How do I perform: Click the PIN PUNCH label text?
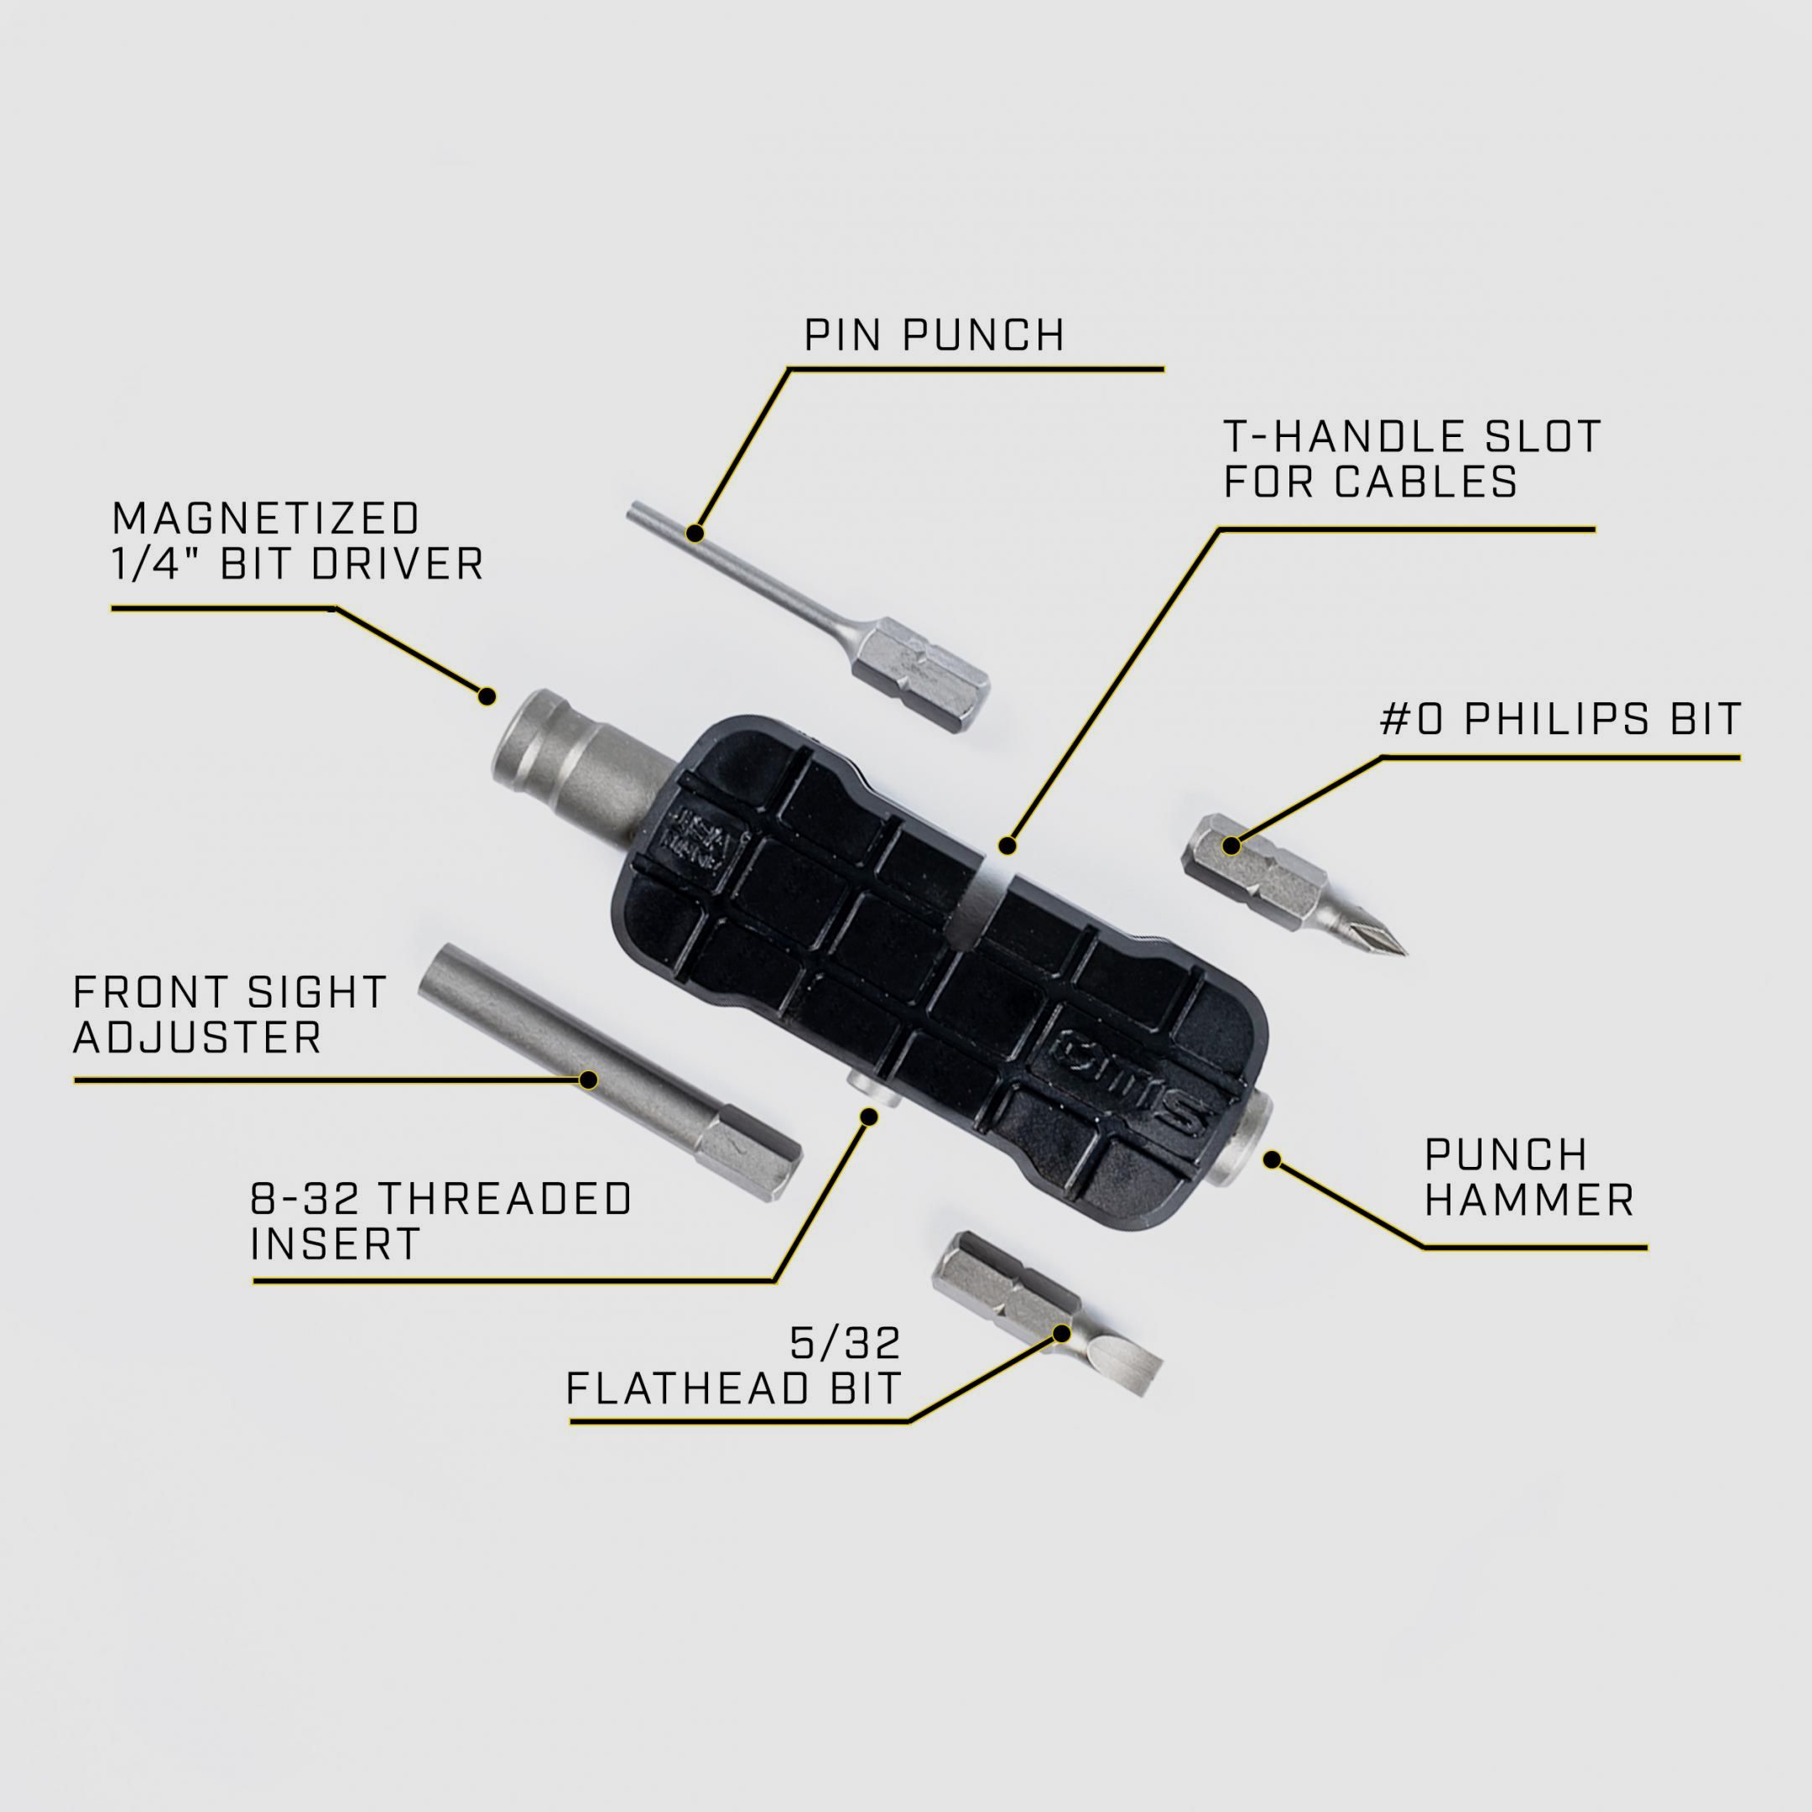(x=935, y=336)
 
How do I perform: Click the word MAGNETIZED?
(x=265, y=518)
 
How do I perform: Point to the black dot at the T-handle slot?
(x=1008, y=846)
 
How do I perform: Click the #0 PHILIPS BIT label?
(x=1560, y=720)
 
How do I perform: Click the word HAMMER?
(x=1528, y=1201)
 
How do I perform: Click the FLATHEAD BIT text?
(x=733, y=1389)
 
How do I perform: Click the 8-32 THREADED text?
(x=440, y=1199)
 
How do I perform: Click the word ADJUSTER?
(x=198, y=1039)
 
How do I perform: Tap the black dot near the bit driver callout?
(x=487, y=696)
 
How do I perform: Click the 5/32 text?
(x=844, y=1344)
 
